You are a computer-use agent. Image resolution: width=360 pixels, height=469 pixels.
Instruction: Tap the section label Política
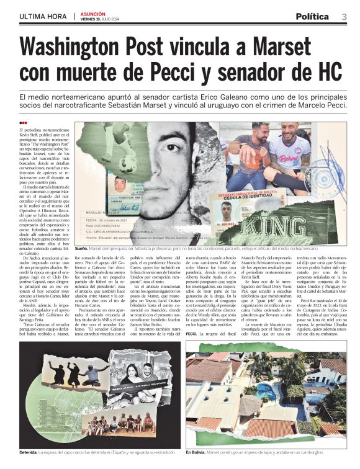click(316, 16)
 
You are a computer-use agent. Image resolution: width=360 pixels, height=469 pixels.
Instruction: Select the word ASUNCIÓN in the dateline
click(94, 14)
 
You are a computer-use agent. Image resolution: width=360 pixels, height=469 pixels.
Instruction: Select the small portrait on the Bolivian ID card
click(227, 210)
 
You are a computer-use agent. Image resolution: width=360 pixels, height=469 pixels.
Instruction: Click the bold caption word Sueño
click(81, 248)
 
